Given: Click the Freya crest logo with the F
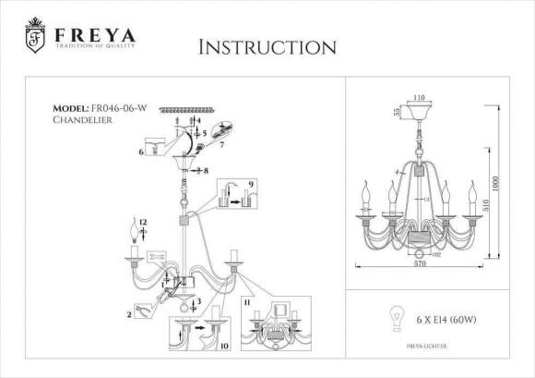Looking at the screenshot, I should click(x=34, y=37).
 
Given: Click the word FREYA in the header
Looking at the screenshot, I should click(x=94, y=34).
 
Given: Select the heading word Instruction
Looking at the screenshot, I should click(x=267, y=46).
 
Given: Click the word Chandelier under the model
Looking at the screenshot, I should click(x=83, y=120).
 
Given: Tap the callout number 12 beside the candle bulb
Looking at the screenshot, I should click(x=143, y=225).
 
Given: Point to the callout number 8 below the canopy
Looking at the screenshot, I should click(x=206, y=171).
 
